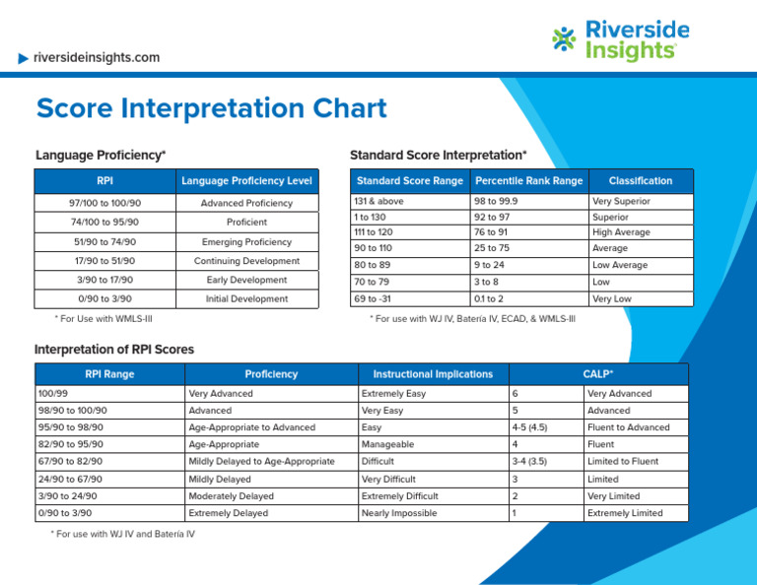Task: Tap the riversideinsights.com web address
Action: click(x=96, y=57)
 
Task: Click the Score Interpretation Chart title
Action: click(x=211, y=108)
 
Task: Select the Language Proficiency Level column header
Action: click(x=246, y=181)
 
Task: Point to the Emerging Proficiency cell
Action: click(x=246, y=242)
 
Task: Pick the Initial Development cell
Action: click(x=246, y=298)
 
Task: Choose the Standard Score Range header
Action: click(x=409, y=181)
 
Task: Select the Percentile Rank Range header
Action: click(x=528, y=181)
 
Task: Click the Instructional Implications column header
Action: click(x=433, y=374)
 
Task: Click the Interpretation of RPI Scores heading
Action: click(x=114, y=350)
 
